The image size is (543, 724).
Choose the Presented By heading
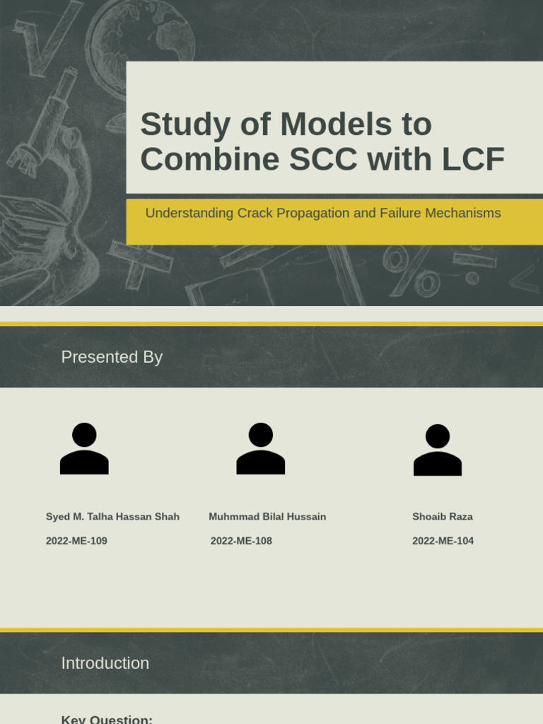[112, 357]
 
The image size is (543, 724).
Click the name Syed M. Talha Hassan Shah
[112, 517]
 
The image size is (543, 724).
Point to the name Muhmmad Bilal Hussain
[267, 517]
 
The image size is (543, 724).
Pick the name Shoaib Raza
[443, 517]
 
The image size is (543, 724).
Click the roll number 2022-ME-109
[76, 541]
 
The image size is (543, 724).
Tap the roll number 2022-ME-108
[241, 541]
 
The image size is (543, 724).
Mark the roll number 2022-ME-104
[443, 541]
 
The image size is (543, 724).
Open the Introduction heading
[105, 663]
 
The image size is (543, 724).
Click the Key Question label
[107, 719]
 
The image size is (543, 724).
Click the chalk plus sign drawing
[140, 260]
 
